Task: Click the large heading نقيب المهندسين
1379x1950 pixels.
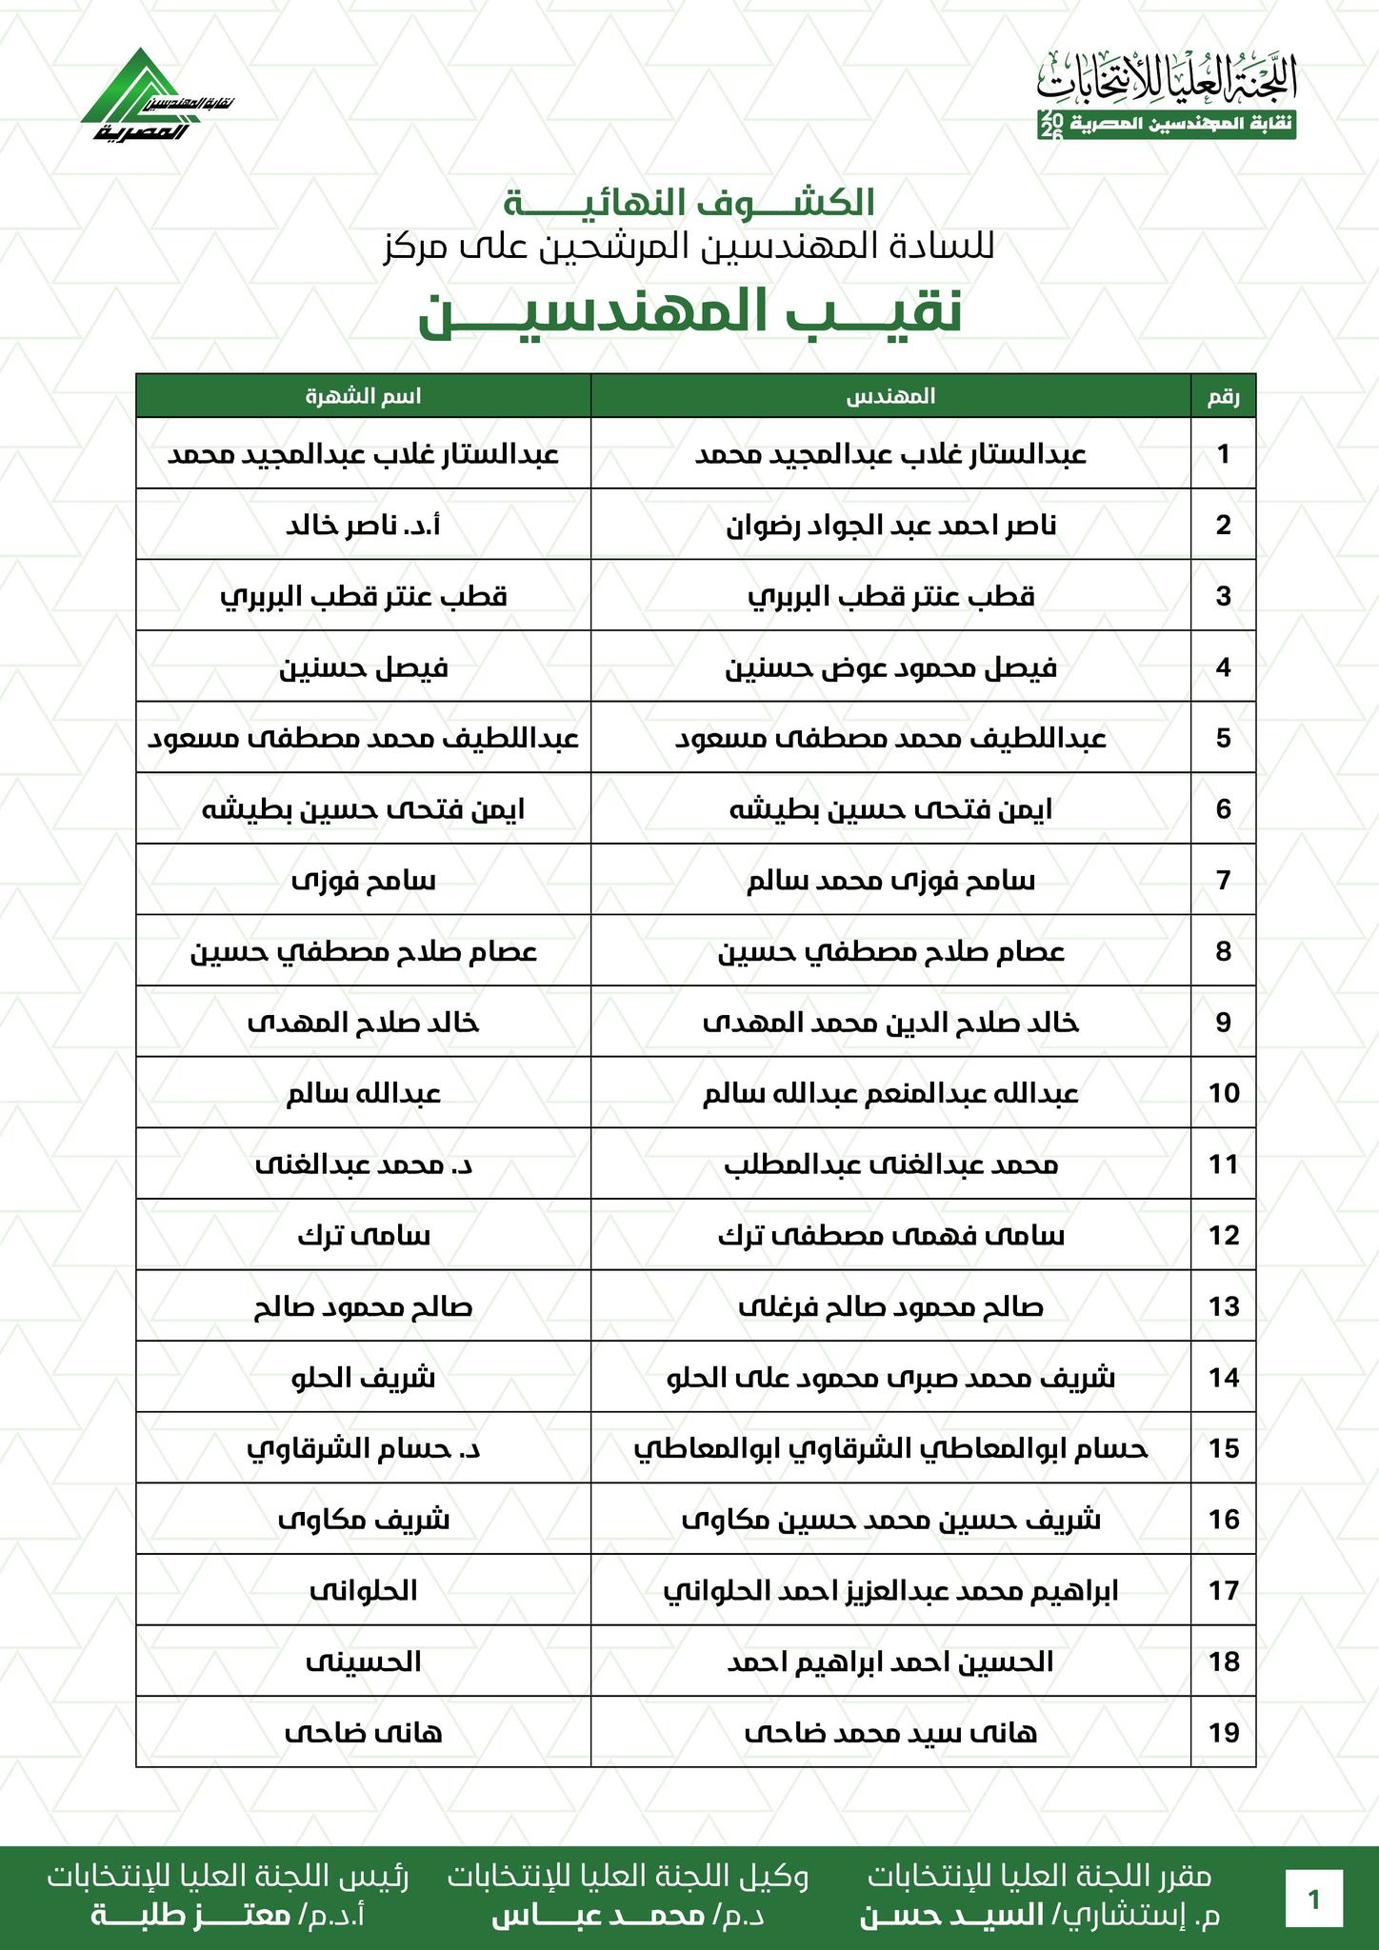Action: point(689,315)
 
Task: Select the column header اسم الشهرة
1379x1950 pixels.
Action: point(363,396)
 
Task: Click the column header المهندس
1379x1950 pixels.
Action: point(891,396)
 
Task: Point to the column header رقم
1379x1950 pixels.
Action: point(1224,396)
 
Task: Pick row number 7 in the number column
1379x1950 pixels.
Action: point(1224,880)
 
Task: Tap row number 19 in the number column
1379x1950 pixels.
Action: point(1224,1733)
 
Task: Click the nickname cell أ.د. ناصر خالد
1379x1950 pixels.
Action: point(363,525)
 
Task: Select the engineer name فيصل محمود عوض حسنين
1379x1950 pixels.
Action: point(891,667)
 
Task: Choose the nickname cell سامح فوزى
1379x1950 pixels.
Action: point(363,880)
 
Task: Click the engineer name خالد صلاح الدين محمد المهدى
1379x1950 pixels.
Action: point(891,1023)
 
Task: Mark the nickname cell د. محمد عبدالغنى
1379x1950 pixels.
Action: point(363,1164)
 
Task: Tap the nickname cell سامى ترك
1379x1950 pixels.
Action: point(363,1236)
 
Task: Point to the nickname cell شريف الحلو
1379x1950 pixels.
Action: point(363,1378)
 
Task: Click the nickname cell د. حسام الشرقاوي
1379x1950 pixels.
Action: point(363,1449)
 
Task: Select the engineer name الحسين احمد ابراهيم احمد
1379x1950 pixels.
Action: point(891,1662)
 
